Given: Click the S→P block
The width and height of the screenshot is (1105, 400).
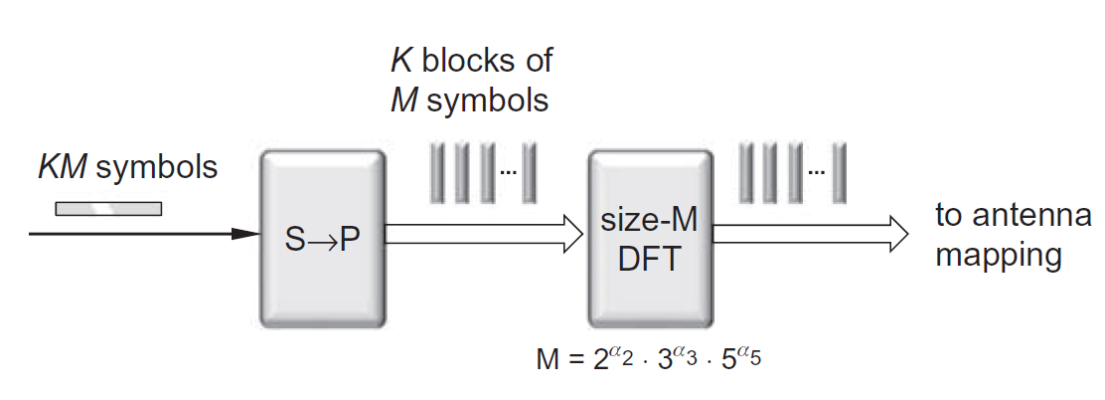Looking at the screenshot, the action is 322,239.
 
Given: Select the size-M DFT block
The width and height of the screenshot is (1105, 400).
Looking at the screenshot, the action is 650,239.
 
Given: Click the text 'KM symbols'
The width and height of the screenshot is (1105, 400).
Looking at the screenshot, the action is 127,167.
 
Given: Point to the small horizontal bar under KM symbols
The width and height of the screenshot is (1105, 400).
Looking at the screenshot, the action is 108,208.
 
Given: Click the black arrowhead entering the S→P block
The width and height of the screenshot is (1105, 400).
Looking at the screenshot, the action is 244,235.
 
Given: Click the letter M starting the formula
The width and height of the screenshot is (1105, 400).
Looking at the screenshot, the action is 548,360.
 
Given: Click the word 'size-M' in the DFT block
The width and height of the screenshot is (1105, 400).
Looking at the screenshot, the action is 650,221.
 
